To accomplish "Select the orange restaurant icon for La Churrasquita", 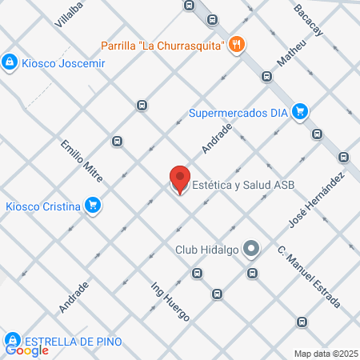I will tap(235, 45).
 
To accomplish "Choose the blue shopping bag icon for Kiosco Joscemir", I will tap(9, 62).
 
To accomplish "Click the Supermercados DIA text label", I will tap(238, 112).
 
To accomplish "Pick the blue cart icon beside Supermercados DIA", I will tap(299, 111).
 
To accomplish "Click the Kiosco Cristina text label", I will tap(42, 206).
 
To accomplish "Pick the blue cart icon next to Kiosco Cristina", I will tap(94, 206).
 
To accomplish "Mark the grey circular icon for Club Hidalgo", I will tap(251, 249).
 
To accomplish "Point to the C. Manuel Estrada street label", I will tap(309, 278).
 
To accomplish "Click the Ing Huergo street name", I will tap(170, 301).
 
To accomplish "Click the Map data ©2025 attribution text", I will tap(324, 354).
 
